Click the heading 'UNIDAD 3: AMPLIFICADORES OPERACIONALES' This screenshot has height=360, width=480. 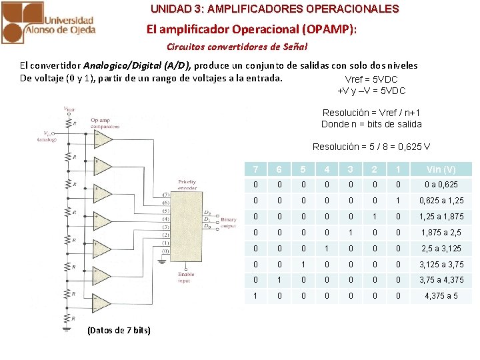point(275,9)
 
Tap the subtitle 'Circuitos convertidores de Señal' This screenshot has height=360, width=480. point(237,47)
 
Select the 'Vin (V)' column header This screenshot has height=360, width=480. point(441,169)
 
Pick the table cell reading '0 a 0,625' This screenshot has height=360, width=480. point(441,185)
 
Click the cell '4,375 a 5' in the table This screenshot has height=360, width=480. point(441,296)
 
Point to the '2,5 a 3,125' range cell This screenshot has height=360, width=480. point(441,248)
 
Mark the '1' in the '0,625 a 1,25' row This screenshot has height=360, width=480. point(397,201)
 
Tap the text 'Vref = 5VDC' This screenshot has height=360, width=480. point(371,79)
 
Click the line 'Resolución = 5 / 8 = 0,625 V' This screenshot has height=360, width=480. point(371,147)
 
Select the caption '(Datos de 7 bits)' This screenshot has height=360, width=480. point(119,331)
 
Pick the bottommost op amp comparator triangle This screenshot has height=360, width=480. point(102,302)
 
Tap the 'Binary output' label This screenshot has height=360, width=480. point(229,222)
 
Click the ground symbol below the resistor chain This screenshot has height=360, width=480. point(67,327)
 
